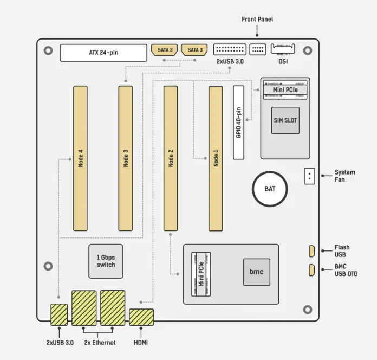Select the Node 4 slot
(x=80, y=158)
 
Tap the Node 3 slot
(x=125, y=158)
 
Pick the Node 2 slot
(x=171, y=158)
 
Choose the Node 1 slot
(x=216, y=158)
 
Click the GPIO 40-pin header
(x=239, y=122)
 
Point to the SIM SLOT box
(x=285, y=120)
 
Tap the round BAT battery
(x=269, y=189)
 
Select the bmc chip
(x=256, y=271)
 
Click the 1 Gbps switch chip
(x=106, y=261)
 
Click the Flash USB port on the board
(x=311, y=251)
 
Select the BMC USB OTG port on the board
(x=311, y=270)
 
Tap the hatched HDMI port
(x=141, y=317)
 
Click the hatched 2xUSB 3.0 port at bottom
(x=58, y=314)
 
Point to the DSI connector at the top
(x=283, y=49)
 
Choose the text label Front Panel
(x=257, y=20)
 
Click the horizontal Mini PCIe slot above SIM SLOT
(x=285, y=89)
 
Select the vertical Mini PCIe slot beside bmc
(x=201, y=274)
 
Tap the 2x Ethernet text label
(x=100, y=343)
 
